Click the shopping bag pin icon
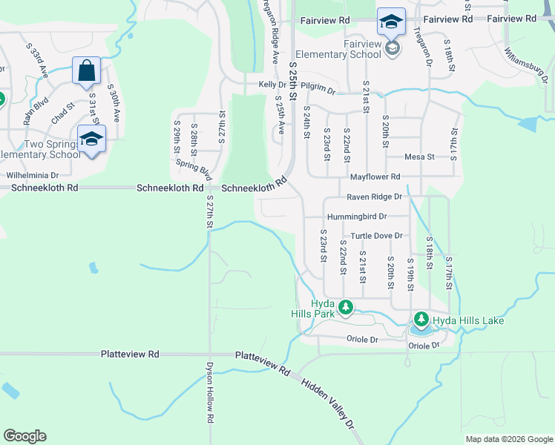point(87,71)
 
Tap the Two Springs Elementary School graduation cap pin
point(91,139)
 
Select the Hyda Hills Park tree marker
point(345,306)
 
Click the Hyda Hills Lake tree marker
point(421,320)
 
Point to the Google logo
point(24,436)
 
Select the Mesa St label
point(418,156)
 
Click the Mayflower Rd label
point(375,177)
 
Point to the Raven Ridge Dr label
point(375,197)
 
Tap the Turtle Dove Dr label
point(376,236)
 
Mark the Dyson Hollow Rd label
point(210,398)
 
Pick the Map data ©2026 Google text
point(508,439)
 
